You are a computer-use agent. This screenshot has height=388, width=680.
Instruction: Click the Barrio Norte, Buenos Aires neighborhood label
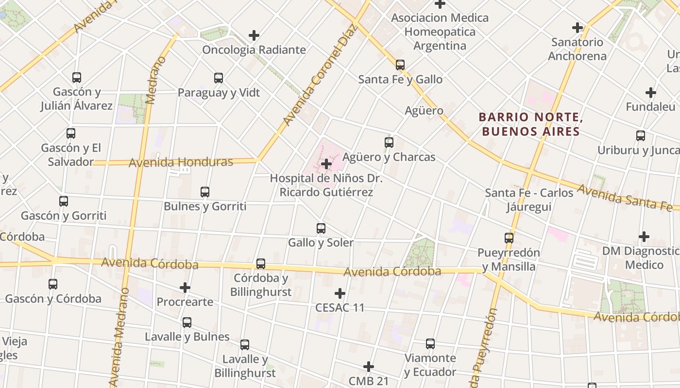(530, 124)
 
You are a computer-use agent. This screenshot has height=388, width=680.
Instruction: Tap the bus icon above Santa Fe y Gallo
(400, 65)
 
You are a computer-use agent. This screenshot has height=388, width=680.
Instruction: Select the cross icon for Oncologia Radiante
(254, 35)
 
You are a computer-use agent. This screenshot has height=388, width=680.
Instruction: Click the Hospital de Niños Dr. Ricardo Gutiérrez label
(326, 185)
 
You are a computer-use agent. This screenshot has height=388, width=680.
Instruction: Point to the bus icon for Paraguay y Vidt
(219, 78)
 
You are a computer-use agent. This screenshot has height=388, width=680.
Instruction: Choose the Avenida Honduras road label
(181, 162)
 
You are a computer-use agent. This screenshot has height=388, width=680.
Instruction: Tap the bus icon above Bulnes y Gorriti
(205, 192)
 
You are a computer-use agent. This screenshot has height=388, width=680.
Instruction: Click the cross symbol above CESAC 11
(340, 293)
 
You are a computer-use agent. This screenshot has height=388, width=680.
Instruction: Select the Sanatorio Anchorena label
(577, 49)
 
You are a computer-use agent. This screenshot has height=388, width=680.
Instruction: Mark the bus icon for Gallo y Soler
(321, 228)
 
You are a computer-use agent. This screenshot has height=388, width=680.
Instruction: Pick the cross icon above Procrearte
(185, 288)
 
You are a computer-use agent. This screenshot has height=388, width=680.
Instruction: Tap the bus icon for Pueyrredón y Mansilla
(509, 238)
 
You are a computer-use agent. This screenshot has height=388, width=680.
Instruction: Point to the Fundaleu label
(650, 107)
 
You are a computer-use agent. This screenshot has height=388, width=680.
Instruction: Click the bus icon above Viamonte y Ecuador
(430, 344)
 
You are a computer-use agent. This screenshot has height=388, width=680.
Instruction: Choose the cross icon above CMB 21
(369, 367)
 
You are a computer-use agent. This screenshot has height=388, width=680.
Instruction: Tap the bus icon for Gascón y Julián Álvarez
(76, 77)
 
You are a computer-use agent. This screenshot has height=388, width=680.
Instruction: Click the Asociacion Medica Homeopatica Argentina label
(440, 32)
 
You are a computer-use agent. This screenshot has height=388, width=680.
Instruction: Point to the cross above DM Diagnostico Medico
(644, 237)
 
